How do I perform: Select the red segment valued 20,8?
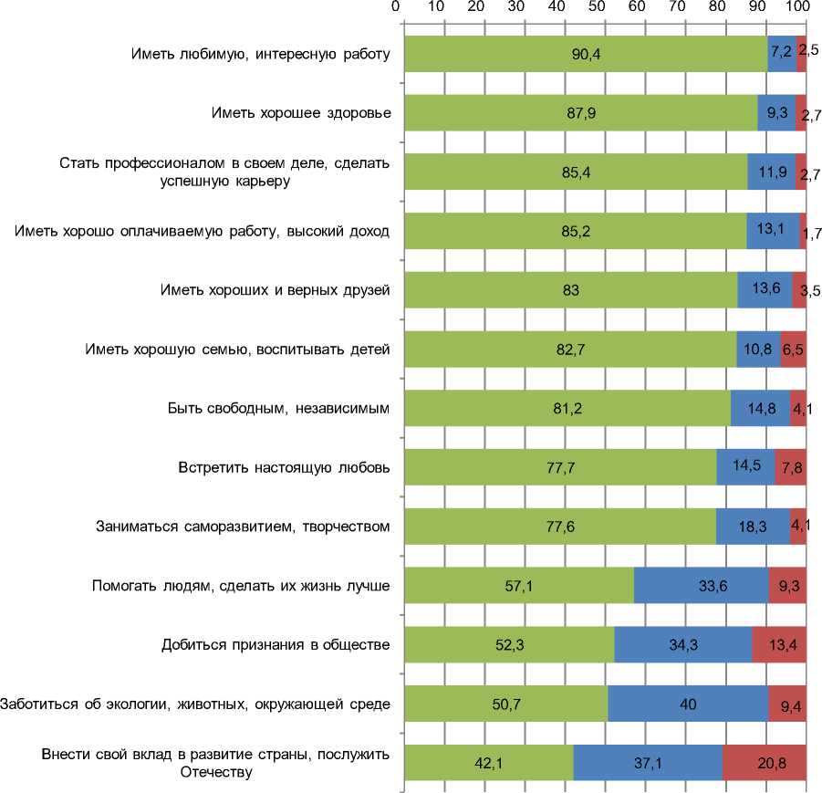pyautogui.click(x=765, y=763)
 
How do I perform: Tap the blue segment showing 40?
pyautogui.click(x=687, y=704)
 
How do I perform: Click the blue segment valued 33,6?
pyautogui.click(x=701, y=586)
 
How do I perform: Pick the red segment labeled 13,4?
pyautogui.click(x=779, y=645)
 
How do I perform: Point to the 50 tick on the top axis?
pyautogui.click(x=597, y=7)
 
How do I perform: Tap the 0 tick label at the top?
pyautogui.click(x=396, y=7)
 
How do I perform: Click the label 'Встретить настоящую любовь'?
pyautogui.click(x=284, y=468)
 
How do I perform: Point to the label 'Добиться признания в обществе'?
pyautogui.click(x=275, y=645)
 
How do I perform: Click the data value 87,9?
pyautogui.click(x=579, y=113)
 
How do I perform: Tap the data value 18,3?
pyautogui.click(x=753, y=527)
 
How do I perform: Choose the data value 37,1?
pyautogui.click(x=648, y=763)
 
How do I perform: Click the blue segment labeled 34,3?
pyautogui.click(x=682, y=645)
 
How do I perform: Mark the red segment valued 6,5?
pyautogui.click(x=793, y=350)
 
